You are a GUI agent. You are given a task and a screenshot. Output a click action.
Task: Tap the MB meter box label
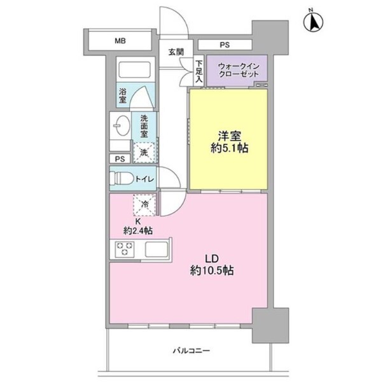click(120, 41)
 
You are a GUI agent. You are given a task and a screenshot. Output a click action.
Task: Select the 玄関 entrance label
click(176, 52)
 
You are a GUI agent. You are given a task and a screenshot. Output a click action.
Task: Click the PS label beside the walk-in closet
click(225, 45)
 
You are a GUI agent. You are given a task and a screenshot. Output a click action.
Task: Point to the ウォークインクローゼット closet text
click(239, 70)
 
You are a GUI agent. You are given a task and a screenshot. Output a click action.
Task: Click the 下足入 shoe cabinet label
click(199, 71)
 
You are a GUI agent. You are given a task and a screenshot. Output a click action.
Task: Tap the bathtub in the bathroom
click(134, 69)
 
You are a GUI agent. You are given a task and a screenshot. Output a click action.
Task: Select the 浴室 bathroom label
click(123, 95)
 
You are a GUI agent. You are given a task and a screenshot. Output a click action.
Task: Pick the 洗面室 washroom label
click(144, 126)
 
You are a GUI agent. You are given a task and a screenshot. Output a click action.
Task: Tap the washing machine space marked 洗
click(144, 153)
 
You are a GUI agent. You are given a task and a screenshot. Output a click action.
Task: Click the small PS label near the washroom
click(120, 159)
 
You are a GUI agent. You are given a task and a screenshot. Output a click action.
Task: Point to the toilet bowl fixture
click(122, 178)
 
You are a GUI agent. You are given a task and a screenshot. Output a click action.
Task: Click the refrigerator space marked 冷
click(144, 205)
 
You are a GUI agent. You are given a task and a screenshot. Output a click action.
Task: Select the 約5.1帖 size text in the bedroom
click(230, 148)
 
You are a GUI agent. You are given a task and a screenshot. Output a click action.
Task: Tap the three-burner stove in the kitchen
click(125, 249)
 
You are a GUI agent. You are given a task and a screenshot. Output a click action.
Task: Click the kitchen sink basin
click(157, 249)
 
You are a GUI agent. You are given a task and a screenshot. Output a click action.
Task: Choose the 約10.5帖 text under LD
click(212, 270)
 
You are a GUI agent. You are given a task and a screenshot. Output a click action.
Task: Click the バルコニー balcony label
click(191, 351)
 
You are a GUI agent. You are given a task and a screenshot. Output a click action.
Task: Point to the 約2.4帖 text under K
click(138, 231)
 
